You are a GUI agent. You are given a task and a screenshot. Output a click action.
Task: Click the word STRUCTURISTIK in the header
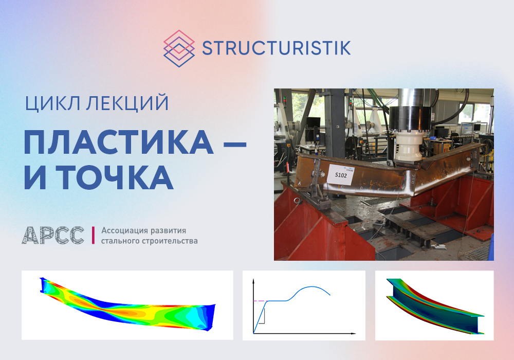[277, 48]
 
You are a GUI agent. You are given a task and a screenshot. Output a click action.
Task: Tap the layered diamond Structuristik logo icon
[179, 48]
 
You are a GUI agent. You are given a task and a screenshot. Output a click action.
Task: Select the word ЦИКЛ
[52, 103]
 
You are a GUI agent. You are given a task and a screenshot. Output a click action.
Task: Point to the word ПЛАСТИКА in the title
[119, 142]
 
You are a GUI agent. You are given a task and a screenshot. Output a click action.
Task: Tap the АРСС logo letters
[53, 235]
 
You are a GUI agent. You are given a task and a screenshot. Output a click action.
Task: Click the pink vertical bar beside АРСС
[93, 235]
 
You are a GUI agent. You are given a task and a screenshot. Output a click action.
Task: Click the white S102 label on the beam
[340, 174]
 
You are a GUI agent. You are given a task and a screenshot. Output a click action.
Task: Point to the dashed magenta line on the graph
[260, 301]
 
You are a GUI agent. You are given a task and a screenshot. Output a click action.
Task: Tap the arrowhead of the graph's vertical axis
[253, 281]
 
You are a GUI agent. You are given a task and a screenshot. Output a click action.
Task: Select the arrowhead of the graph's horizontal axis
[353, 333]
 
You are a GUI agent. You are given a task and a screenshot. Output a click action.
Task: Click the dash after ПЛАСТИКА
[235, 143]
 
